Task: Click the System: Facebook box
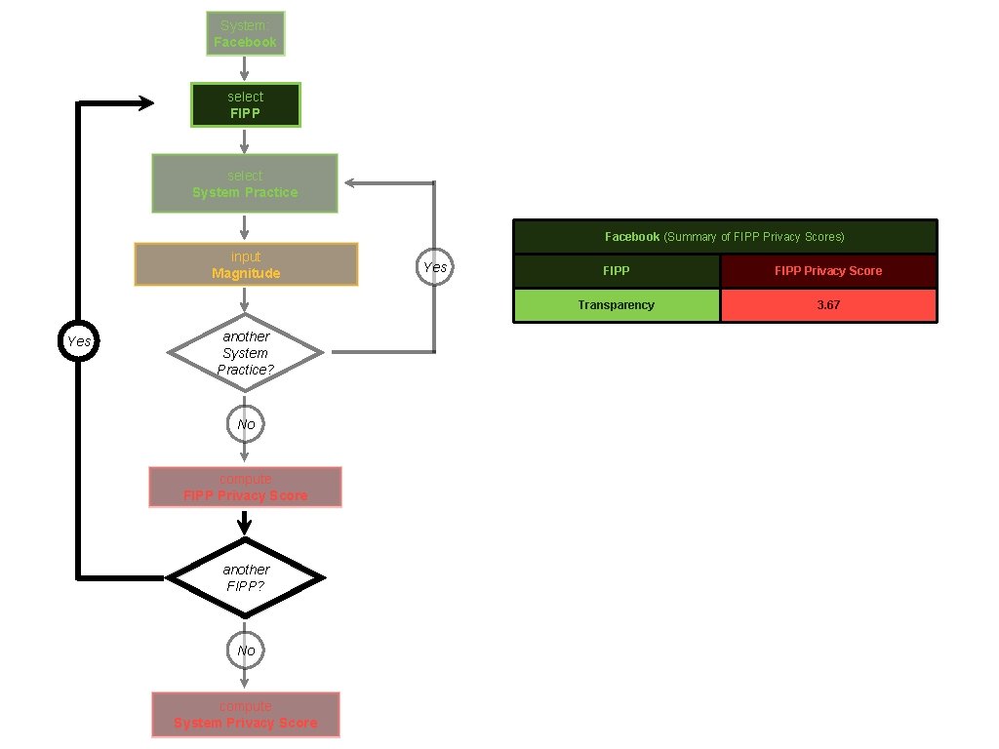[245, 33]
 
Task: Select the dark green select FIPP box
[245, 104]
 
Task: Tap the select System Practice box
[245, 183]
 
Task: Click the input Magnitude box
[246, 264]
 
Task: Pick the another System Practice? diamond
[245, 352]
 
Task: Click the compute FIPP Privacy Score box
[245, 487]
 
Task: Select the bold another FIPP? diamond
[245, 577]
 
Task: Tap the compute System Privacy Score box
[245, 714]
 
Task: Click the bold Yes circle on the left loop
[77, 341]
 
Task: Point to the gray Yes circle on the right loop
[434, 266]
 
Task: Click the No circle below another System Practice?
[245, 424]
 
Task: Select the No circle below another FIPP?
[245, 650]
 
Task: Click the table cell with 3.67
[828, 305]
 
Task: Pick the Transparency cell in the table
[617, 305]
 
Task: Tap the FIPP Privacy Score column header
[828, 271]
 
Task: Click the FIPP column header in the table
[617, 271]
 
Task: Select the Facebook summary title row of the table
[724, 237]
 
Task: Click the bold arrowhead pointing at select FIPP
[146, 103]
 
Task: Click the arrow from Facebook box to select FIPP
[245, 68]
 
